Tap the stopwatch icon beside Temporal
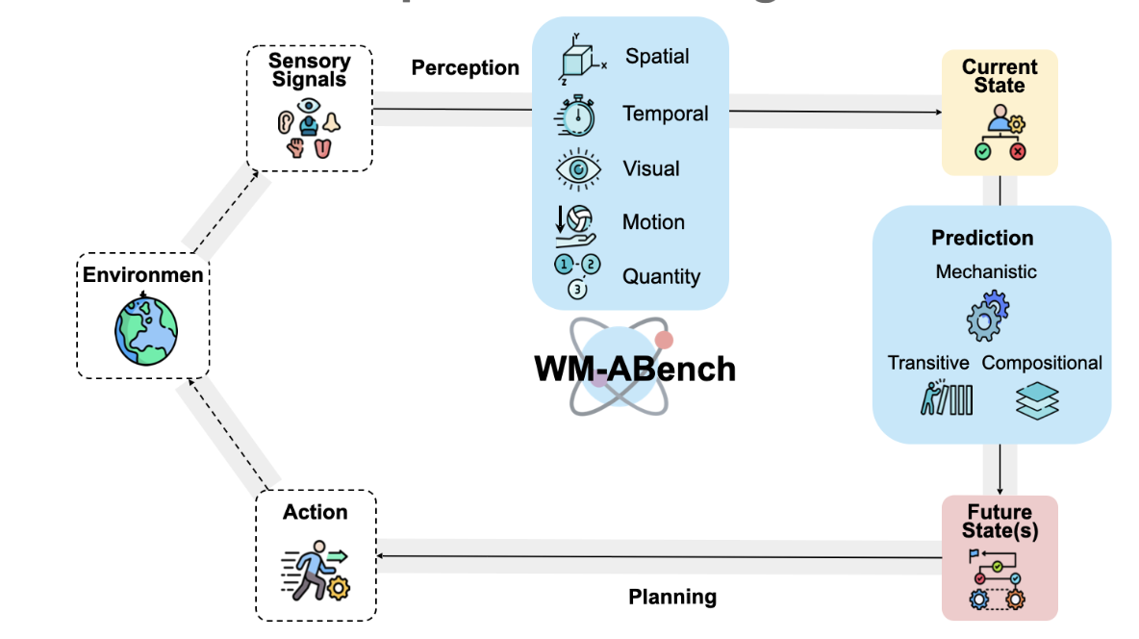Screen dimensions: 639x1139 576,115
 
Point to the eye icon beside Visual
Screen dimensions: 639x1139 579,169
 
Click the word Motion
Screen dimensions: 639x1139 653,222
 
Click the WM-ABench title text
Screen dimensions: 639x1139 635,369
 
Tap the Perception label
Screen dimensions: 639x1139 466,68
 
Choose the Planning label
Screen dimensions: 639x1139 672,597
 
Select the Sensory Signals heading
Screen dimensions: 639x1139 309,69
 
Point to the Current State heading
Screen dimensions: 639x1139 1000,76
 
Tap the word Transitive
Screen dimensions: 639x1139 928,363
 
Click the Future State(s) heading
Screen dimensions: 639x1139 1000,521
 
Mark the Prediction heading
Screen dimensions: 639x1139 982,238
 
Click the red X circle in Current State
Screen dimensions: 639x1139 1017,151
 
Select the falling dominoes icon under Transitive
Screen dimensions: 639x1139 947,398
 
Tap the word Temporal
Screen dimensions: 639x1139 665,114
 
